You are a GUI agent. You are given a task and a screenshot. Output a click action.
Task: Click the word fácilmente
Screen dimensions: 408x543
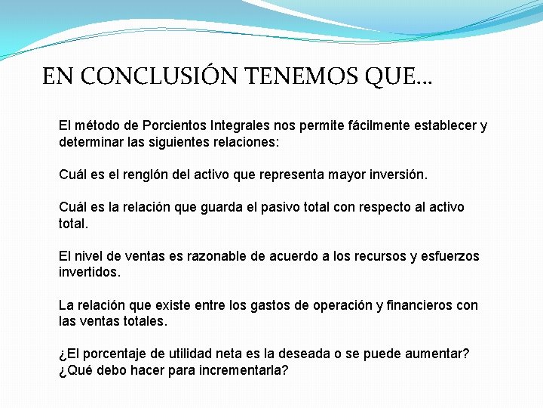[351, 125]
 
